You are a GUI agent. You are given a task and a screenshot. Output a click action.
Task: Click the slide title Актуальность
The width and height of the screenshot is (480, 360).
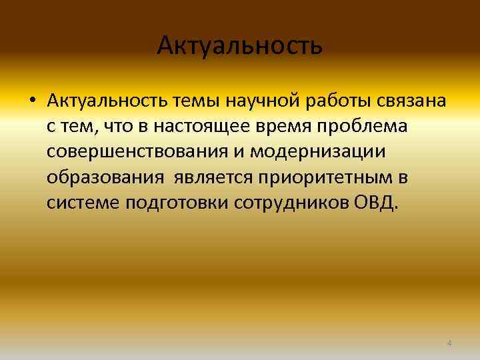pyautogui.click(x=240, y=46)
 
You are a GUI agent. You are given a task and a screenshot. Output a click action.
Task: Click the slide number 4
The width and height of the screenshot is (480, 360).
pyautogui.click(x=449, y=343)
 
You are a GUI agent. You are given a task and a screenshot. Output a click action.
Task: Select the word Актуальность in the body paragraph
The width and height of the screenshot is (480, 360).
pyautogui.click(x=108, y=102)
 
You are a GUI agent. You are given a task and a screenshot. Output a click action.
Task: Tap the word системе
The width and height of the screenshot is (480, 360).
pyautogui.click(x=83, y=203)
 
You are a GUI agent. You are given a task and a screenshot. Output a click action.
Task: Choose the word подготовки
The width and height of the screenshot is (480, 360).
pyautogui.click(x=177, y=203)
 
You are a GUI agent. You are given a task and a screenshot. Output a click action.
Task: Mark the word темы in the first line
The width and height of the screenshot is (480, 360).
pyautogui.click(x=198, y=102)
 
